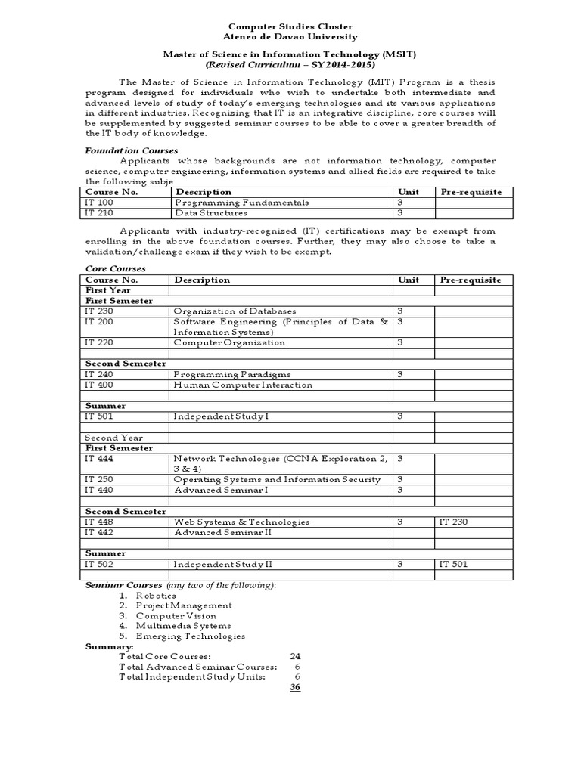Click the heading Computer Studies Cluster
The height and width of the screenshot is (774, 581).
[x=291, y=25]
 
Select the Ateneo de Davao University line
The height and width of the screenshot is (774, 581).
[x=291, y=36]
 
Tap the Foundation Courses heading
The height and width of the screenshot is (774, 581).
[x=130, y=150]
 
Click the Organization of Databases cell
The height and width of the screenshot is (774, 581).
[x=235, y=311]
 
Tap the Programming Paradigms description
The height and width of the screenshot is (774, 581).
[x=232, y=374]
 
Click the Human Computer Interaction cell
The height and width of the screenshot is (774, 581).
[x=242, y=385]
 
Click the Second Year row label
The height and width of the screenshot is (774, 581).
[x=114, y=438]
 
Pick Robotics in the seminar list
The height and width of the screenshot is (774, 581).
[x=157, y=596]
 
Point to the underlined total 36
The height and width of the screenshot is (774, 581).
[x=295, y=687]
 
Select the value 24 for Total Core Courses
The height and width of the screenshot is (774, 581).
[x=295, y=656]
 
